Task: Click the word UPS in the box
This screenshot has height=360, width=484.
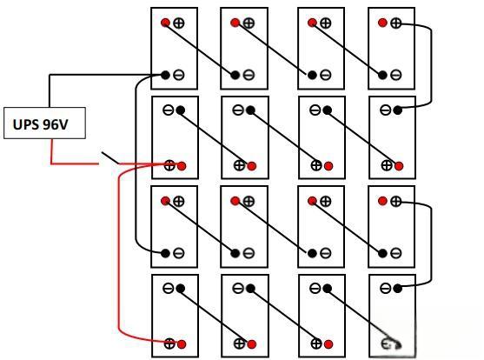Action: pyautogui.click(x=26, y=124)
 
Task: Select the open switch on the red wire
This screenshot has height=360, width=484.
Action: pyautogui.click(x=110, y=157)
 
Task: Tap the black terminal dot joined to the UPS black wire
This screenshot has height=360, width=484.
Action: pyautogui.click(x=165, y=75)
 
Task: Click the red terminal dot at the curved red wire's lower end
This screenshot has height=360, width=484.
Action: pyautogui.click(x=182, y=344)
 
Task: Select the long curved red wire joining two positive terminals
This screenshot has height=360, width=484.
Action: pyautogui.click(x=119, y=253)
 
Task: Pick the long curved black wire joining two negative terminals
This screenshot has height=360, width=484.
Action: pyautogui.click(x=136, y=163)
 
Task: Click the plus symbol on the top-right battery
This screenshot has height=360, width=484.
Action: pyautogui.click(x=395, y=23)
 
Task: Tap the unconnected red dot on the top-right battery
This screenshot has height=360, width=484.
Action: pyautogui.click(x=382, y=23)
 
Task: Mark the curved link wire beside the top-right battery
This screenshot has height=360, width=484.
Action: pyautogui.click(x=431, y=65)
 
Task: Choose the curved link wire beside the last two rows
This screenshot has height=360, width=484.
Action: pyautogui.click(x=431, y=244)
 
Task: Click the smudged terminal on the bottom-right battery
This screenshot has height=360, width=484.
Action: pyautogui.click(x=391, y=344)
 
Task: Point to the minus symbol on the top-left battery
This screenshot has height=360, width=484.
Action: pyautogui.click(x=179, y=75)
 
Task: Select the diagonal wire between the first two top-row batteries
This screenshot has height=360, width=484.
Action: pyautogui.click(x=200, y=49)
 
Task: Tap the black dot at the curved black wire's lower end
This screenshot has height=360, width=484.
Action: pyautogui.click(x=165, y=253)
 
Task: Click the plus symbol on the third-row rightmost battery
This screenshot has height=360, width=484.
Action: pyautogui.click(x=395, y=202)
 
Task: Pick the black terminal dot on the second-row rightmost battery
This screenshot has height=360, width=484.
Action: pyautogui.click(x=398, y=110)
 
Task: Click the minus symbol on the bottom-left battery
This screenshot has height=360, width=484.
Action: pyautogui.click(x=169, y=289)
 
